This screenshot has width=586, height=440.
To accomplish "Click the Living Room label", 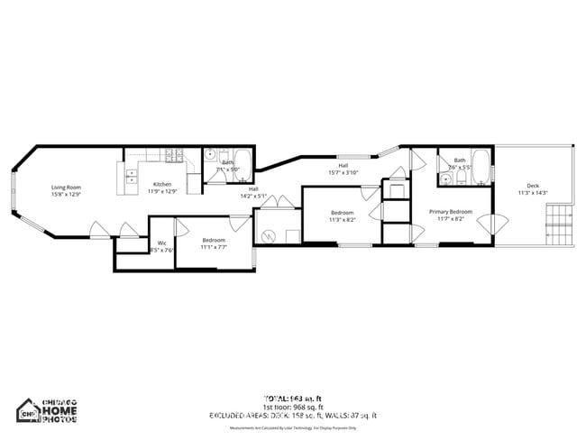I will pyautogui.click(x=66, y=187).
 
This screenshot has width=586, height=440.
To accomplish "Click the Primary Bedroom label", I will pyautogui.click(x=451, y=211).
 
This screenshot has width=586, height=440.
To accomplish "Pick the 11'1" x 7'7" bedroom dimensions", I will pyautogui.click(x=214, y=246).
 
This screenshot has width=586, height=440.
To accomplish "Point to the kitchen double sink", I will pyautogui.click(x=132, y=175).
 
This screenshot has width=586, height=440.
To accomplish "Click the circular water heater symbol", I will pyautogui.click(x=267, y=236).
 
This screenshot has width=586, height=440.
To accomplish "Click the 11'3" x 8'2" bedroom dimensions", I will pyautogui.click(x=342, y=219).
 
